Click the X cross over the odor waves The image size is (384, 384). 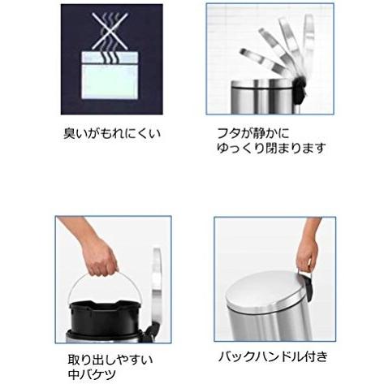tap(110, 31)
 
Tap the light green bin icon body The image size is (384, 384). tap(110, 81)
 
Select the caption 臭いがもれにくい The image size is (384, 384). tap(112, 133)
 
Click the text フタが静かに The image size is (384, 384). tap(253, 133)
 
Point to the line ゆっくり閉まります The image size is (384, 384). tap(271, 148)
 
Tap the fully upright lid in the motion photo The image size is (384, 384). tap(308, 43)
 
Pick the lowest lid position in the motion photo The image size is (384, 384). tap(261, 63)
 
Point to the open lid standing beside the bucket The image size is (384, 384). tap(157, 284)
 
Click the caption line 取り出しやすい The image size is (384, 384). tap(110, 360)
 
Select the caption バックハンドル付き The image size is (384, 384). tap(273, 356)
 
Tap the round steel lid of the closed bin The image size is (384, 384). tap(266, 291)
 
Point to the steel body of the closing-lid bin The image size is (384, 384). tap(261, 97)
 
